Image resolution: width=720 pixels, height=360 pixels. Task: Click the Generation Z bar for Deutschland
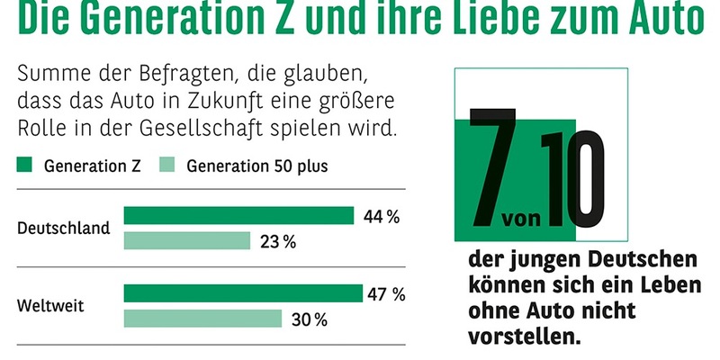(238, 216)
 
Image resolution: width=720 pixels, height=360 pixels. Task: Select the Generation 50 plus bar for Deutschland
(186, 241)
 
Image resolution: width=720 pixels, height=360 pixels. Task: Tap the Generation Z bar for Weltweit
(244, 293)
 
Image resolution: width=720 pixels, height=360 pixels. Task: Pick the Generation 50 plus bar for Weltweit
(202, 319)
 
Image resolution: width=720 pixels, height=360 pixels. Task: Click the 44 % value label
(382, 216)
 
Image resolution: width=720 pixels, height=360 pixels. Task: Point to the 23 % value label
(277, 241)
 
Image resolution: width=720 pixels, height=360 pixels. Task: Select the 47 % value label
(387, 293)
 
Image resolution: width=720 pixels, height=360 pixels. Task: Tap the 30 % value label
(309, 319)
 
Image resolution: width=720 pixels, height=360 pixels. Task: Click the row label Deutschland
(64, 228)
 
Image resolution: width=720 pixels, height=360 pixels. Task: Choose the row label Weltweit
(51, 306)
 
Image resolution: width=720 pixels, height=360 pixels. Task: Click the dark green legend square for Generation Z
(25, 166)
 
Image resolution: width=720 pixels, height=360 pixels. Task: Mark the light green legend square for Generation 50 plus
(166, 166)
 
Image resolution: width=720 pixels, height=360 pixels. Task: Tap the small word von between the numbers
(521, 220)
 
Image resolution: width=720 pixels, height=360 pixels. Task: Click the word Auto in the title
(658, 18)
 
